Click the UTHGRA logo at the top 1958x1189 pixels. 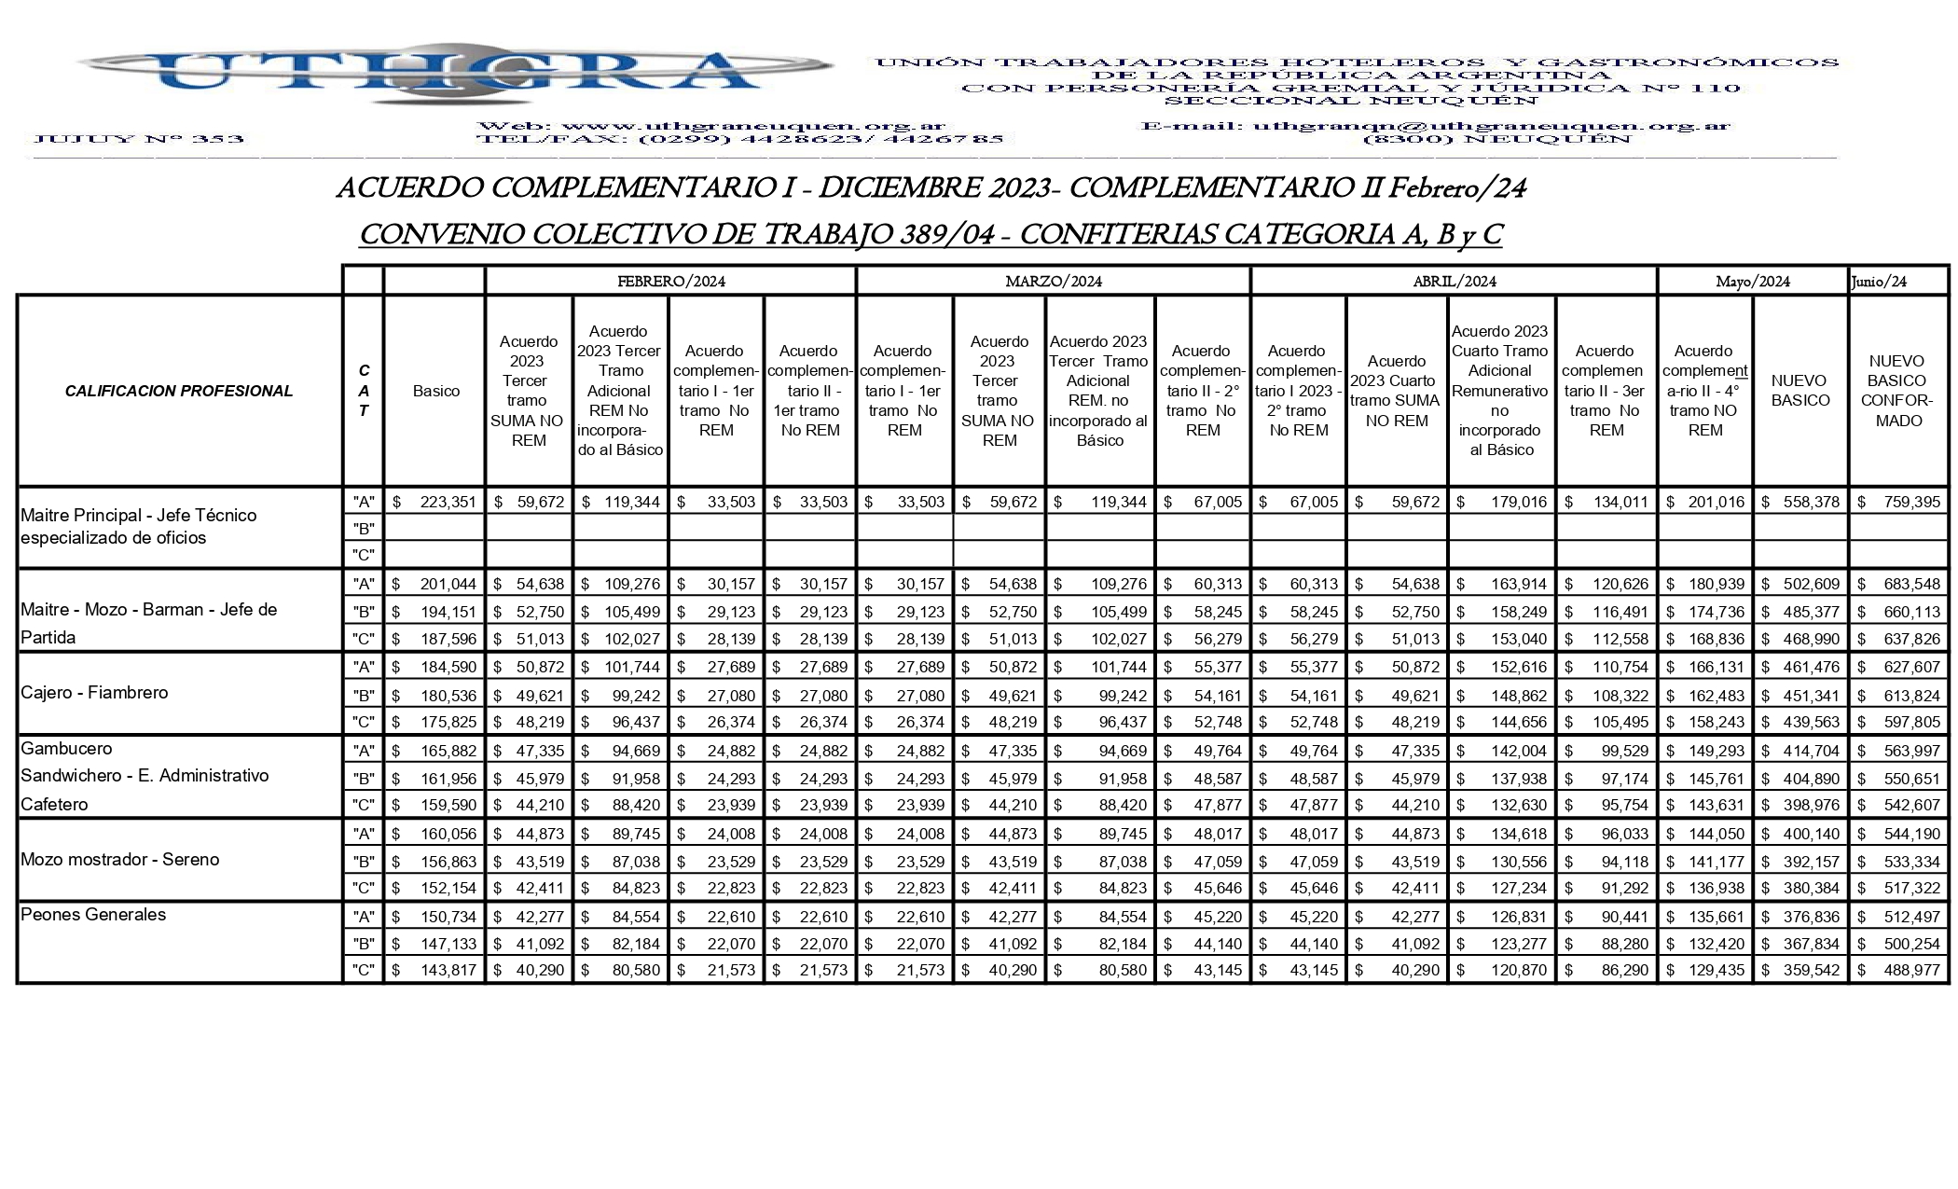(454, 72)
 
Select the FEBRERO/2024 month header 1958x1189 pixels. (670, 282)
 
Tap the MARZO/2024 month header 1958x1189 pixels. (1053, 282)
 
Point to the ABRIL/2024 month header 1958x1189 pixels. (1454, 282)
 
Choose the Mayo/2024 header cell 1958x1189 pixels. (1753, 282)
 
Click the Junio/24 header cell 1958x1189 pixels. (1880, 282)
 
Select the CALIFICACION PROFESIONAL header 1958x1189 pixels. (179, 391)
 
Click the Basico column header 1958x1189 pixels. (435, 391)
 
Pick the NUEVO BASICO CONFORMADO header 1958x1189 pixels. (1897, 391)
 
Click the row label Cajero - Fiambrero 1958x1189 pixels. (94, 693)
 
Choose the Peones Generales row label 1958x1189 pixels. (93, 915)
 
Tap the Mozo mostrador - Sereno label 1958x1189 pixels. (119, 860)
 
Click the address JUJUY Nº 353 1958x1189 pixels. (138, 140)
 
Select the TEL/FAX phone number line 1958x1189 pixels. (740, 140)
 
